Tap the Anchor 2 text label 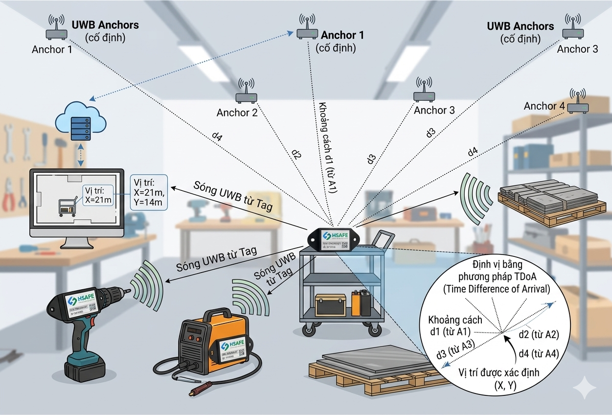tap(237, 113)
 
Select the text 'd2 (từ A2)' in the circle tap(538, 335)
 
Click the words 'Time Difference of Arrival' tap(496, 289)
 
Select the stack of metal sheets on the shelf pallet tap(548, 195)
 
